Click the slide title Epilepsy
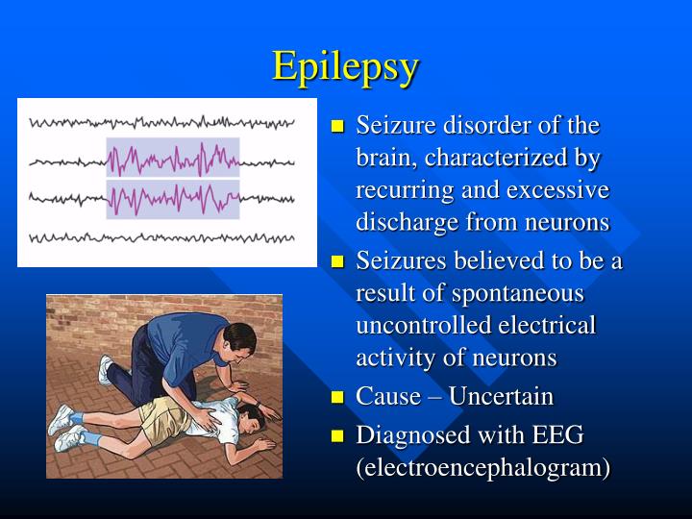point(345,66)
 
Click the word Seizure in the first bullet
point(390,126)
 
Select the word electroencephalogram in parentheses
point(483,468)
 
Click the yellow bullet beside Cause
point(337,397)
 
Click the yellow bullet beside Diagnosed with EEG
point(337,435)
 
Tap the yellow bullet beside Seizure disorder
point(337,127)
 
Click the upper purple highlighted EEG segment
point(173,157)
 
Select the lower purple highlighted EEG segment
point(173,199)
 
